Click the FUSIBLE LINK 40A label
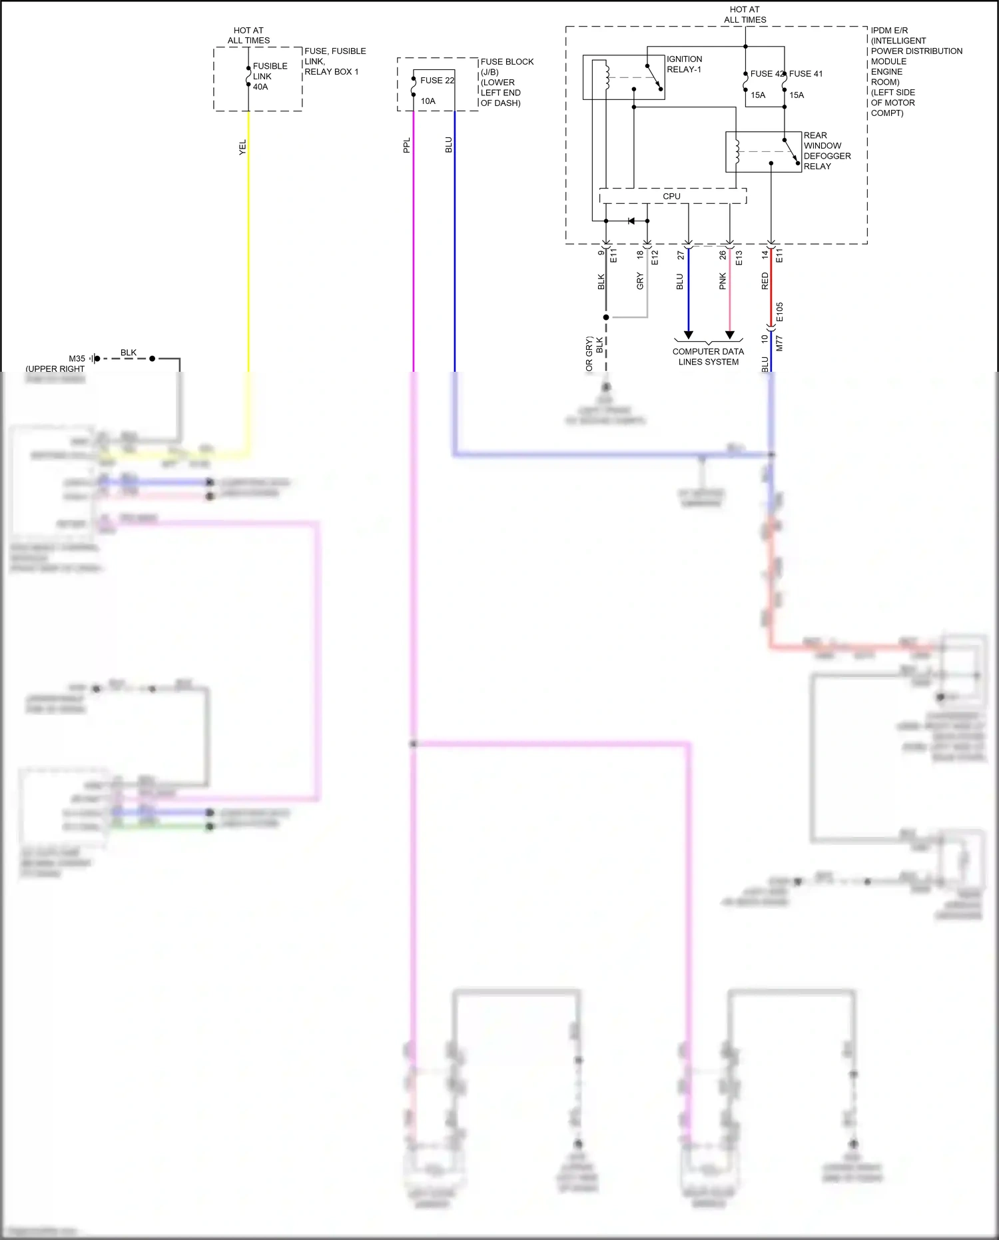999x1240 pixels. (x=270, y=77)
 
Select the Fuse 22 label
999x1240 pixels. (x=437, y=81)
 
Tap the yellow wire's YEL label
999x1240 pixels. (x=242, y=147)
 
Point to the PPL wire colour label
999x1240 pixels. (x=407, y=145)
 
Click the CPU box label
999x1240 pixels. (x=671, y=197)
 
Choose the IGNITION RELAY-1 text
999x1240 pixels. (x=684, y=65)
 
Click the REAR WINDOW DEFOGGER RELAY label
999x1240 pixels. (x=827, y=151)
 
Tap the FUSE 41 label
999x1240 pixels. (x=806, y=74)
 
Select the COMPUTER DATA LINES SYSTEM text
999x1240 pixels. (x=708, y=356)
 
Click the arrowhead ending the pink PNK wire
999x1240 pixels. (x=730, y=334)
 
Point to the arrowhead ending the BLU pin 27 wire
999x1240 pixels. (x=689, y=334)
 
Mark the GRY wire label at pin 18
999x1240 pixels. (x=640, y=281)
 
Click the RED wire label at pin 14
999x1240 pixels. (x=765, y=281)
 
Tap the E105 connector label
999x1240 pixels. (x=780, y=312)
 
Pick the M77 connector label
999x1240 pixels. (x=780, y=343)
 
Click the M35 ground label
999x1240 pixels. (x=77, y=358)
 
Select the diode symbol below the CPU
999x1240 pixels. (x=631, y=221)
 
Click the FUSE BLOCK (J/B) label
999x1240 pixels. (x=507, y=82)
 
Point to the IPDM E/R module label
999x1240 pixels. (x=916, y=72)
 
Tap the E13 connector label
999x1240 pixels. (x=739, y=258)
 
